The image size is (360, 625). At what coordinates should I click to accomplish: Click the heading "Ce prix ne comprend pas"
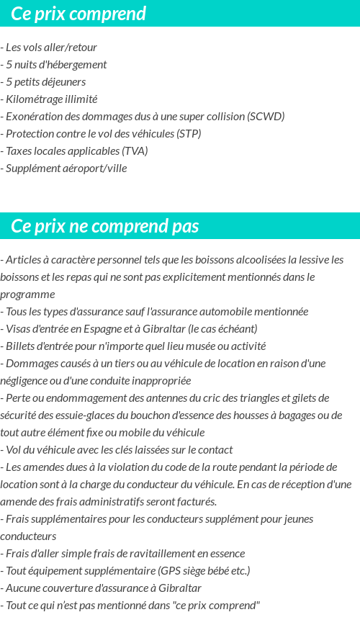tap(105, 226)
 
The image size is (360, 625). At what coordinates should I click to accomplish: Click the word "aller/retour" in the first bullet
tap(70, 48)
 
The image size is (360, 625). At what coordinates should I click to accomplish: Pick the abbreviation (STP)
tap(189, 134)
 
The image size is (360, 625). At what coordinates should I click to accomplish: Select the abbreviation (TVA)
tap(135, 151)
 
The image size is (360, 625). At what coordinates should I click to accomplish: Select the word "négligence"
tap(26, 381)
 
